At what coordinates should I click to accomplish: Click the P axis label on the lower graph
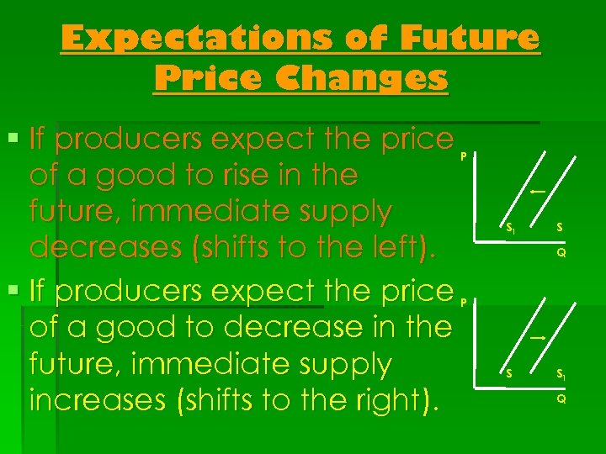[x=464, y=301]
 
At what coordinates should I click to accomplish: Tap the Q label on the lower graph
[x=561, y=399]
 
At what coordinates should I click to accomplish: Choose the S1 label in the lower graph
[x=561, y=374]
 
